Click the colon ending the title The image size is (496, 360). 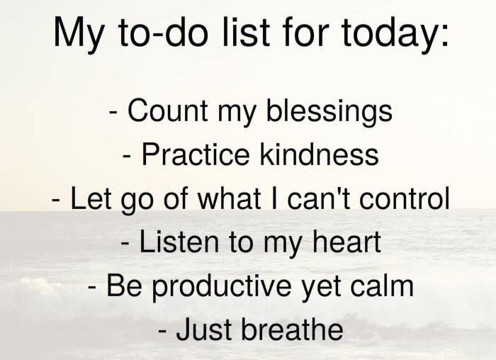[x=444, y=37]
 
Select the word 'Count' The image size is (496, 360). [x=167, y=110]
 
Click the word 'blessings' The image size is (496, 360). [x=329, y=112]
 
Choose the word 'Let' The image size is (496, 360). [x=91, y=198]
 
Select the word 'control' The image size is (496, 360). [x=405, y=198]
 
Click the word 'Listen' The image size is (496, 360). [x=179, y=242]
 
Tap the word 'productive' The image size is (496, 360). [x=222, y=288]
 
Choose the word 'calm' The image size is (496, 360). [x=382, y=286]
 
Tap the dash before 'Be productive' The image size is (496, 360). [x=92, y=288]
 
